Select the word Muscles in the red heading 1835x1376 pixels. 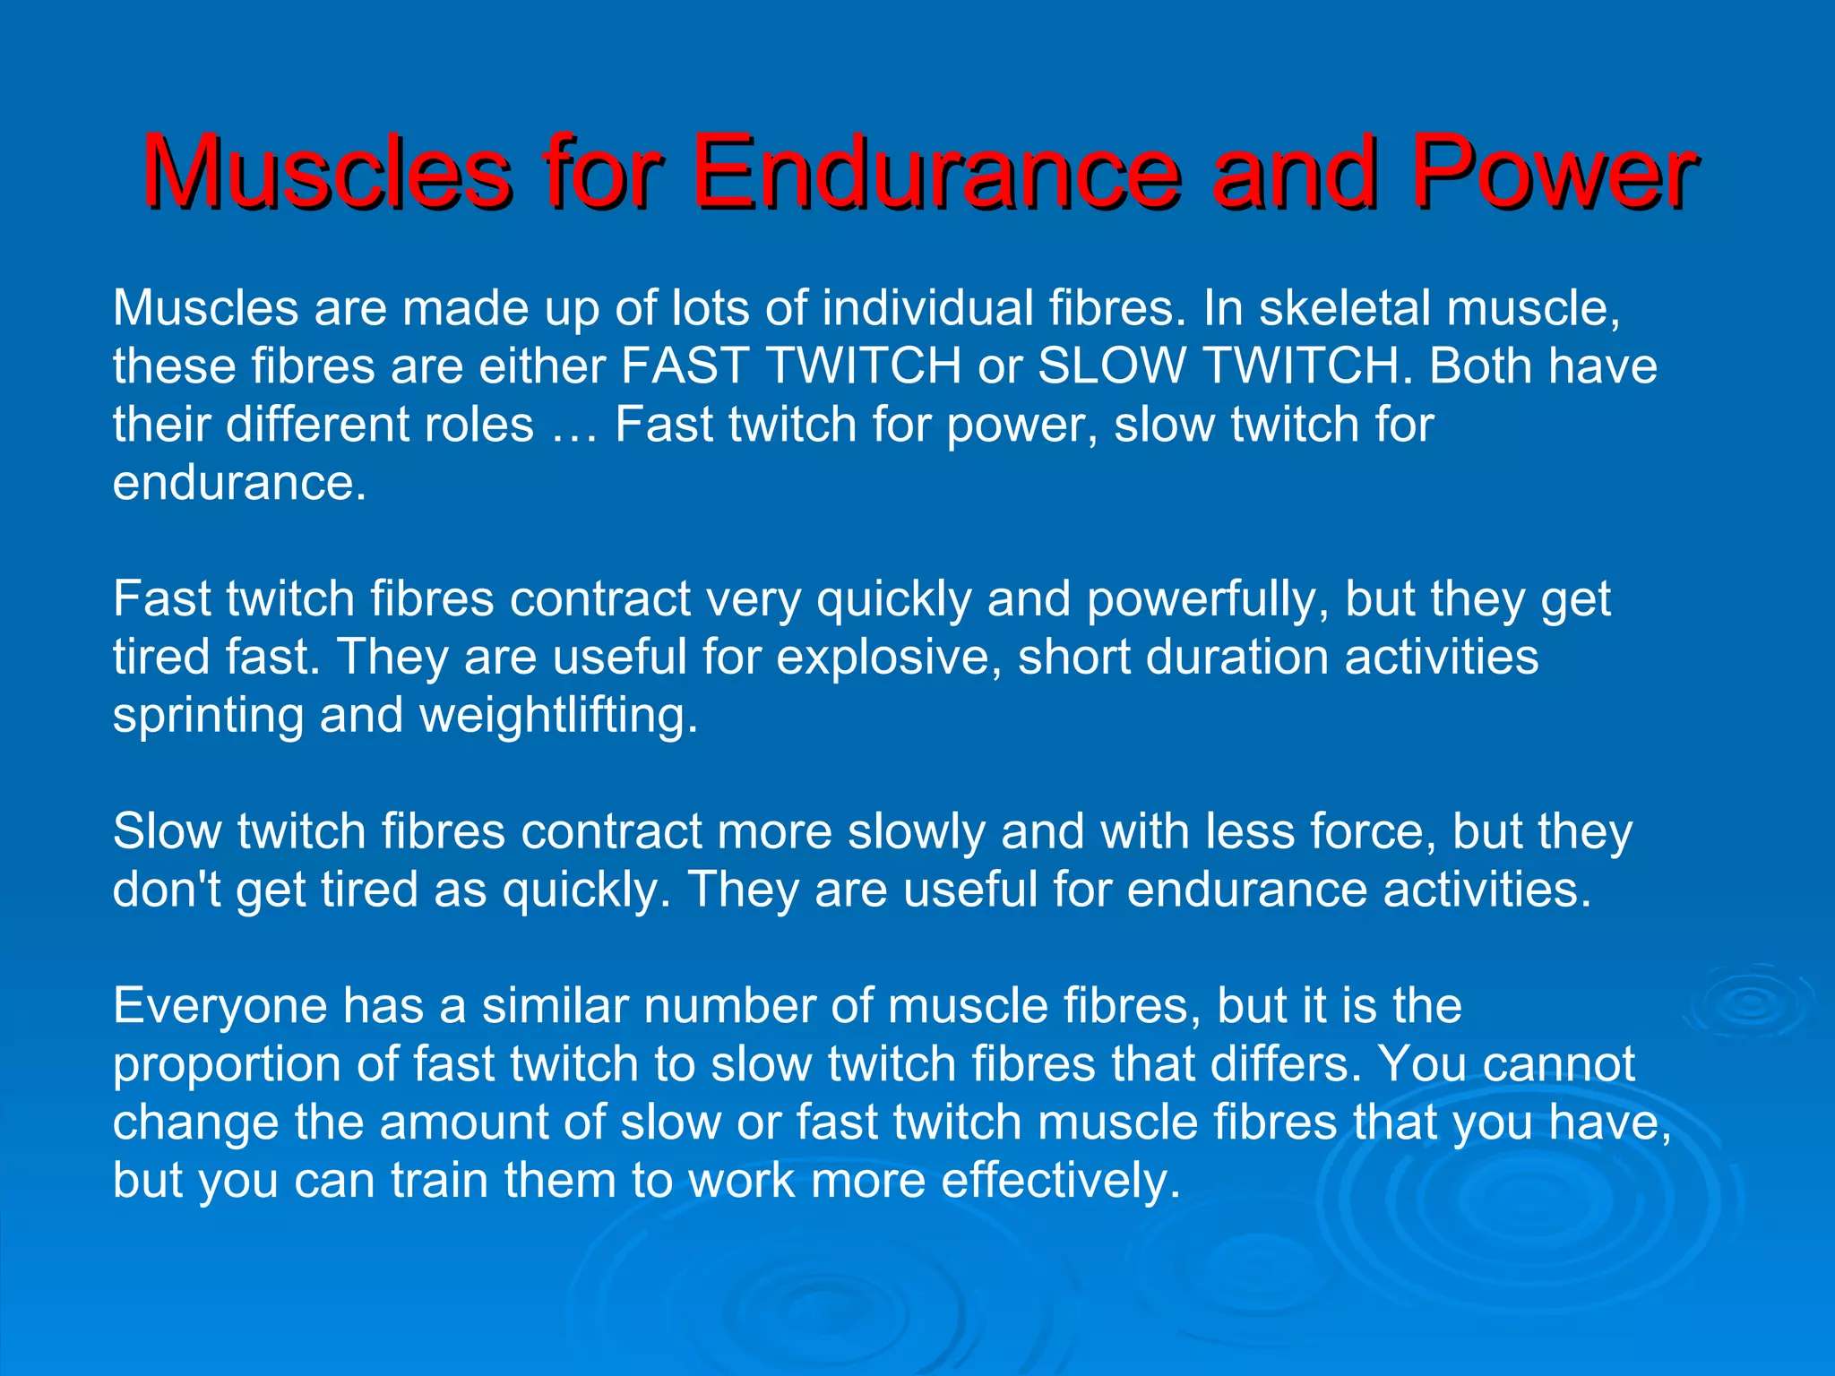point(326,171)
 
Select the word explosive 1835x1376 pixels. point(888,658)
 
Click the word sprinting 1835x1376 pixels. point(208,717)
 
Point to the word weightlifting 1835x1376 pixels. point(558,717)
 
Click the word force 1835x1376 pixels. point(1372,832)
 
